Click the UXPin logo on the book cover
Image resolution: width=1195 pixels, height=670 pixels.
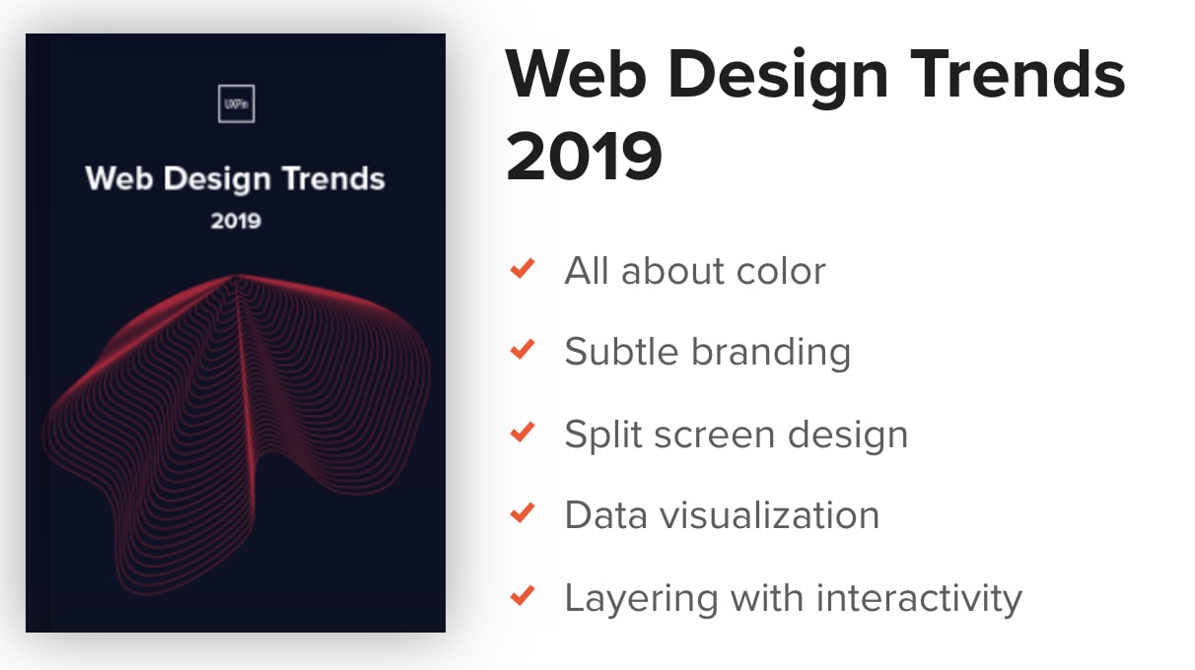coord(237,103)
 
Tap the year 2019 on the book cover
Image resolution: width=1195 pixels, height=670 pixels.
coord(236,221)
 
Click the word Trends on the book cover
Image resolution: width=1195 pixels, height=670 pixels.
coord(333,178)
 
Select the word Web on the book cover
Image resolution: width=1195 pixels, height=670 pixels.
coord(119,178)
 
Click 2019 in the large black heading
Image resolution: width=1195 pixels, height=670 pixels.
coord(584,157)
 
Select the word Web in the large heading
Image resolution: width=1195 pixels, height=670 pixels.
coord(576,74)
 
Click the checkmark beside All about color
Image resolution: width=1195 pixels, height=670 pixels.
coord(523,269)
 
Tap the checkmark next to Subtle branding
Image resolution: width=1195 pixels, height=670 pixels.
coord(523,350)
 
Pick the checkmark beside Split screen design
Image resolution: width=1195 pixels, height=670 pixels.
coord(523,433)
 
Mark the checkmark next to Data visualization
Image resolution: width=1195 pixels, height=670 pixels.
coord(523,513)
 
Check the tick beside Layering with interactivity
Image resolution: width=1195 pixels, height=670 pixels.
coord(523,596)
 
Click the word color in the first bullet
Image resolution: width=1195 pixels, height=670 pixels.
coord(781,271)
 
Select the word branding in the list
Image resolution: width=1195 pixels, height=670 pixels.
coord(771,353)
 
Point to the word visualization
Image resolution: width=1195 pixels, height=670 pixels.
coord(770,515)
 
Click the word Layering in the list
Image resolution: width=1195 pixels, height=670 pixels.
coord(641,599)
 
